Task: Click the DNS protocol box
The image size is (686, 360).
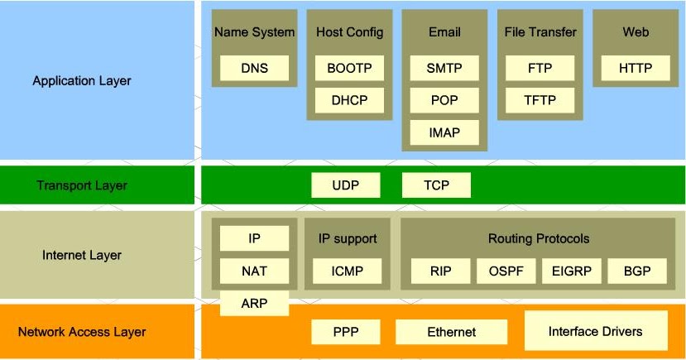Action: click(x=254, y=68)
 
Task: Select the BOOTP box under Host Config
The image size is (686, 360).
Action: click(x=349, y=68)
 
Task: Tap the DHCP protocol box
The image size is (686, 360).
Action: click(x=349, y=100)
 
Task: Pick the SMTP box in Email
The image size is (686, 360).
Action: click(x=444, y=68)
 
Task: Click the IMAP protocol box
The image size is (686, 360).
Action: click(x=444, y=132)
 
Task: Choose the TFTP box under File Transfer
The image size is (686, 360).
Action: click(x=540, y=100)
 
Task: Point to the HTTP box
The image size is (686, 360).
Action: click(x=636, y=68)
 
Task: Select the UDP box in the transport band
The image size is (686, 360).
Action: click(x=346, y=185)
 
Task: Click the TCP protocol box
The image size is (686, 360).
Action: click(x=436, y=185)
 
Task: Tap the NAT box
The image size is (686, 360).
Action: click(x=254, y=271)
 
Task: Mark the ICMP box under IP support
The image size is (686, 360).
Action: click(x=347, y=271)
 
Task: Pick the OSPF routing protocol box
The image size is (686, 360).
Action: click(x=506, y=271)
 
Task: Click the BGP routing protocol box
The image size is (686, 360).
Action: click(x=637, y=271)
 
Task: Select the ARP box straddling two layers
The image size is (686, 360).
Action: click(x=254, y=303)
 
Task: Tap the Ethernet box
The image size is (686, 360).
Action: click(x=452, y=332)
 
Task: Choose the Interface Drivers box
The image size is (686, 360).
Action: click(x=596, y=331)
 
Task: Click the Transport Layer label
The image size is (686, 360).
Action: click(x=82, y=185)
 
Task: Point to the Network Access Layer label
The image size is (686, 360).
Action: click(x=82, y=332)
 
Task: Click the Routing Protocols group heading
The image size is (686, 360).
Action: click(x=539, y=238)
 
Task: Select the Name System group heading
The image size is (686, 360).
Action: click(x=254, y=32)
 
